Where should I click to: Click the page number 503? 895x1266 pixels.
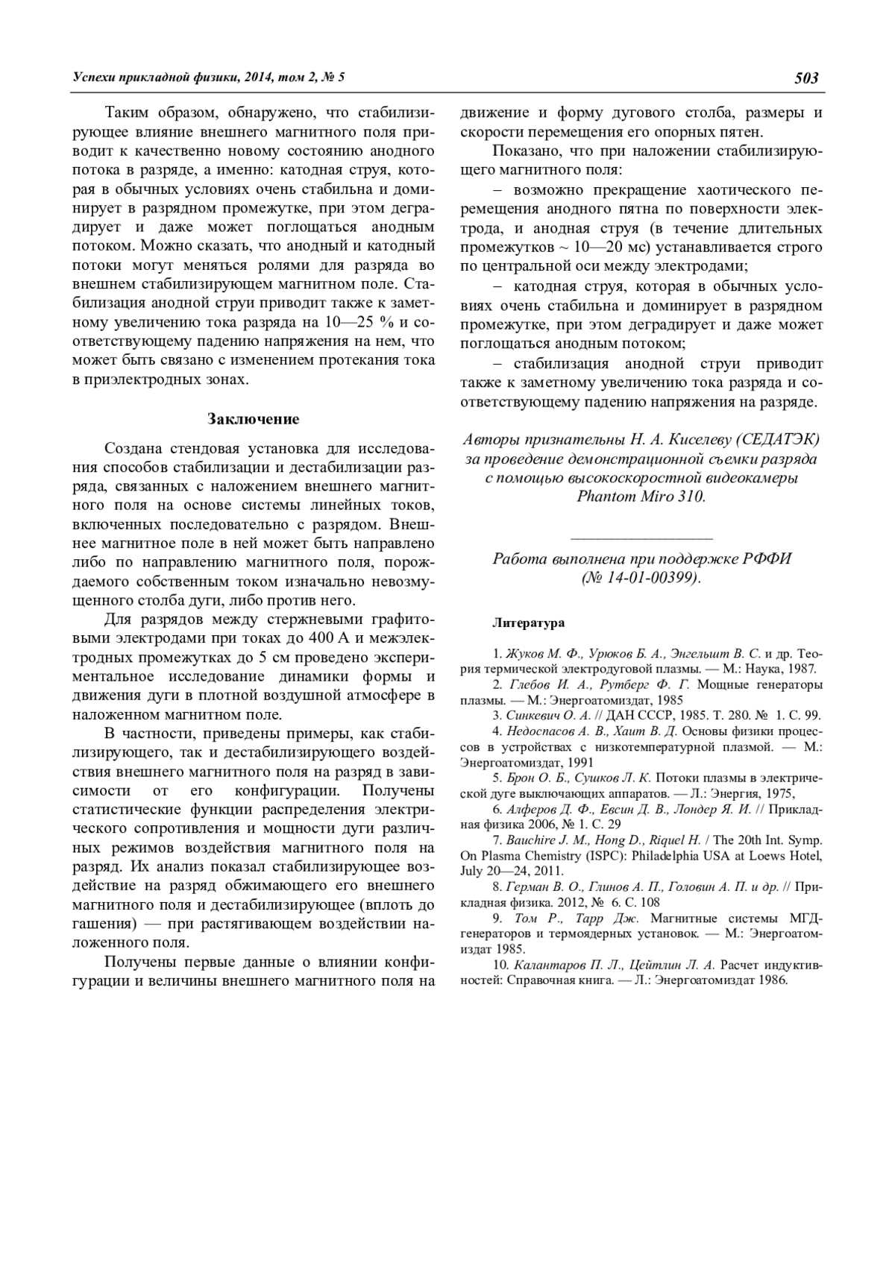pyautogui.click(x=807, y=78)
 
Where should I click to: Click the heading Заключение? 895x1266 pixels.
pyautogui.click(x=253, y=419)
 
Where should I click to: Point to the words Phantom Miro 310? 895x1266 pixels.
pyautogui.click(x=641, y=497)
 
